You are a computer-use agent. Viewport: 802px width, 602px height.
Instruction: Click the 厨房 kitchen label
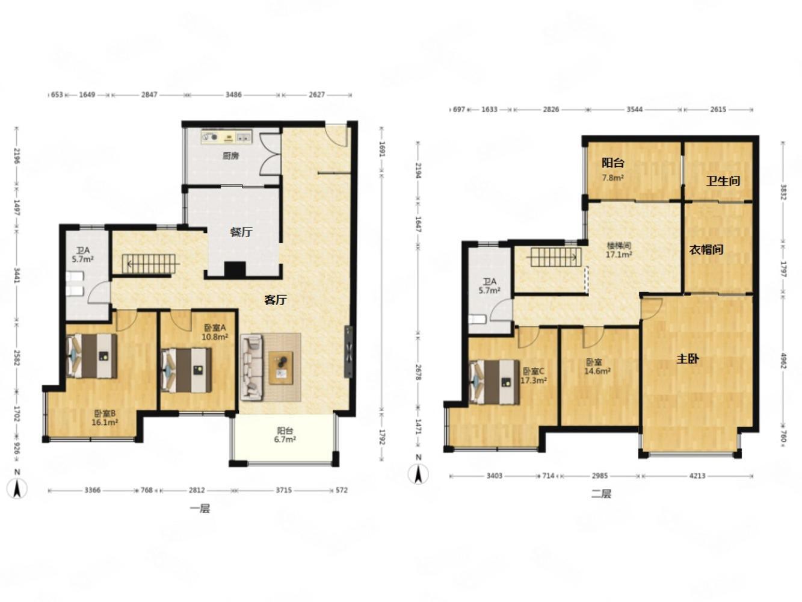click(230, 156)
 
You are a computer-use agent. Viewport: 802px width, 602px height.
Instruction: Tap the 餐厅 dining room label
click(241, 232)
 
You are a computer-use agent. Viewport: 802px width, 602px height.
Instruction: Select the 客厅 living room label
click(275, 300)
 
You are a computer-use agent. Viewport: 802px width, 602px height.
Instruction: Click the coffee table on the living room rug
click(280, 368)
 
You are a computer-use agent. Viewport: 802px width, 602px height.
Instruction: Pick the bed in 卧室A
click(187, 370)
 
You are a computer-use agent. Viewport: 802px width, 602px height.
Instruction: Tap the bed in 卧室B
click(92, 356)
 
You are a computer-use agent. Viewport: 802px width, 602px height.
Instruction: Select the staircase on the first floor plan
click(150, 264)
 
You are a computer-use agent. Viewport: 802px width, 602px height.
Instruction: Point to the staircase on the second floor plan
click(554, 257)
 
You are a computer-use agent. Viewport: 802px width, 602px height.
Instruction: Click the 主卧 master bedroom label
click(688, 359)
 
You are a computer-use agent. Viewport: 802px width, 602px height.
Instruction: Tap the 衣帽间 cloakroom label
click(706, 250)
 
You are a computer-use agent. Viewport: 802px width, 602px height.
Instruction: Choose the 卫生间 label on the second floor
click(723, 181)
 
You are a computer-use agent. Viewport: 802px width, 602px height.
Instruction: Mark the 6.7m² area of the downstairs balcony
click(285, 439)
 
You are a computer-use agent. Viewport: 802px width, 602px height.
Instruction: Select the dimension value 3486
click(233, 95)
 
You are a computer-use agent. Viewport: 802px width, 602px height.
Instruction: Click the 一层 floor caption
click(200, 509)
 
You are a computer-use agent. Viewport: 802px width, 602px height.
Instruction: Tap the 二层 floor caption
click(601, 494)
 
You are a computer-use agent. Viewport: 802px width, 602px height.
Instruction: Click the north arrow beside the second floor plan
click(418, 474)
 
